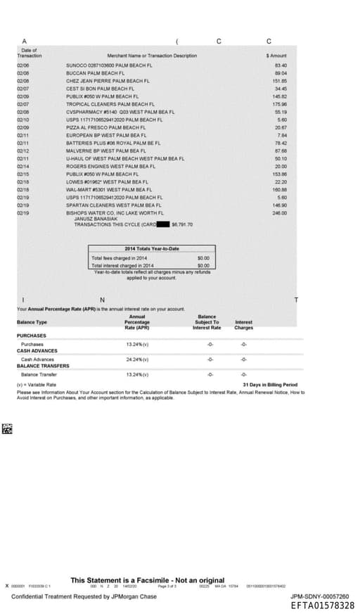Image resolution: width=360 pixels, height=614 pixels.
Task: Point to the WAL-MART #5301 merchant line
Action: coord(108,189)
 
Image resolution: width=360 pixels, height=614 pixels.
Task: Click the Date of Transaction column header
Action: coord(30,53)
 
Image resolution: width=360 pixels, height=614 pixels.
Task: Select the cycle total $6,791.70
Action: coord(182,224)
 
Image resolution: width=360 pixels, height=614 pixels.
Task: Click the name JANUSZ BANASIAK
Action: coord(97,219)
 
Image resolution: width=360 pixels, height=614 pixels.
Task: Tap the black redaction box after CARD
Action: coord(162,224)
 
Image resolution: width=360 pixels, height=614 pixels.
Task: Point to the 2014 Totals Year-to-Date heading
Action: coord(152,249)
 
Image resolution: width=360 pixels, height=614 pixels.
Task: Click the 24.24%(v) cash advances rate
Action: coord(137,359)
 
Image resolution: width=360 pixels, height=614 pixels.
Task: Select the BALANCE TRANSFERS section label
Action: coord(43,366)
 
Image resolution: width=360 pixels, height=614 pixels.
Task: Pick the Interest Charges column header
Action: coord(243,324)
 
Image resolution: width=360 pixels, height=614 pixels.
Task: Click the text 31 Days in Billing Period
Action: coord(270,385)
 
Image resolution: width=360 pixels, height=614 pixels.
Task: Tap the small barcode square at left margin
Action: coord(8,428)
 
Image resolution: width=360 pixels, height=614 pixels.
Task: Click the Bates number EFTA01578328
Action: coord(323,605)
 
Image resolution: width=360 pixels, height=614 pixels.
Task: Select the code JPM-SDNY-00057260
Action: coord(319,596)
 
